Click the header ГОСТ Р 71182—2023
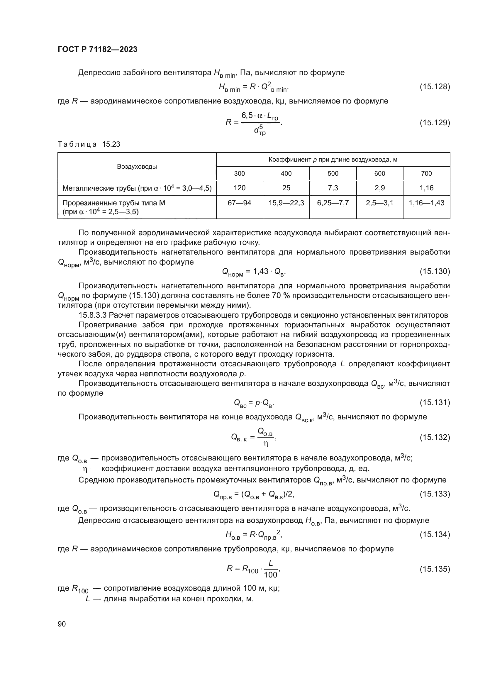(x=97, y=49)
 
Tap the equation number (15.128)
(x=435, y=87)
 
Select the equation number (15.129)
(x=435, y=123)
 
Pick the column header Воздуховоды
(x=137, y=166)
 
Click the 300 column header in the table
(x=239, y=174)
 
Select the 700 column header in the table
(x=426, y=174)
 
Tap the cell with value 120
(x=239, y=188)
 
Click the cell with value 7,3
(x=333, y=188)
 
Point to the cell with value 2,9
(x=379, y=188)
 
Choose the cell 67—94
(x=239, y=203)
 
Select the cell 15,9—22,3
(x=286, y=203)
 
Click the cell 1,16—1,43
(x=426, y=203)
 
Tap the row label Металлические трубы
(x=137, y=188)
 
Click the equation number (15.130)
(x=435, y=271)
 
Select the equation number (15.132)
(x=435, y=437)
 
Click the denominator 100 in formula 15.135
(x=270, y=575)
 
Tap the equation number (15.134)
(x=435, y=535)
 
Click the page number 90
(x=62, y=624)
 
